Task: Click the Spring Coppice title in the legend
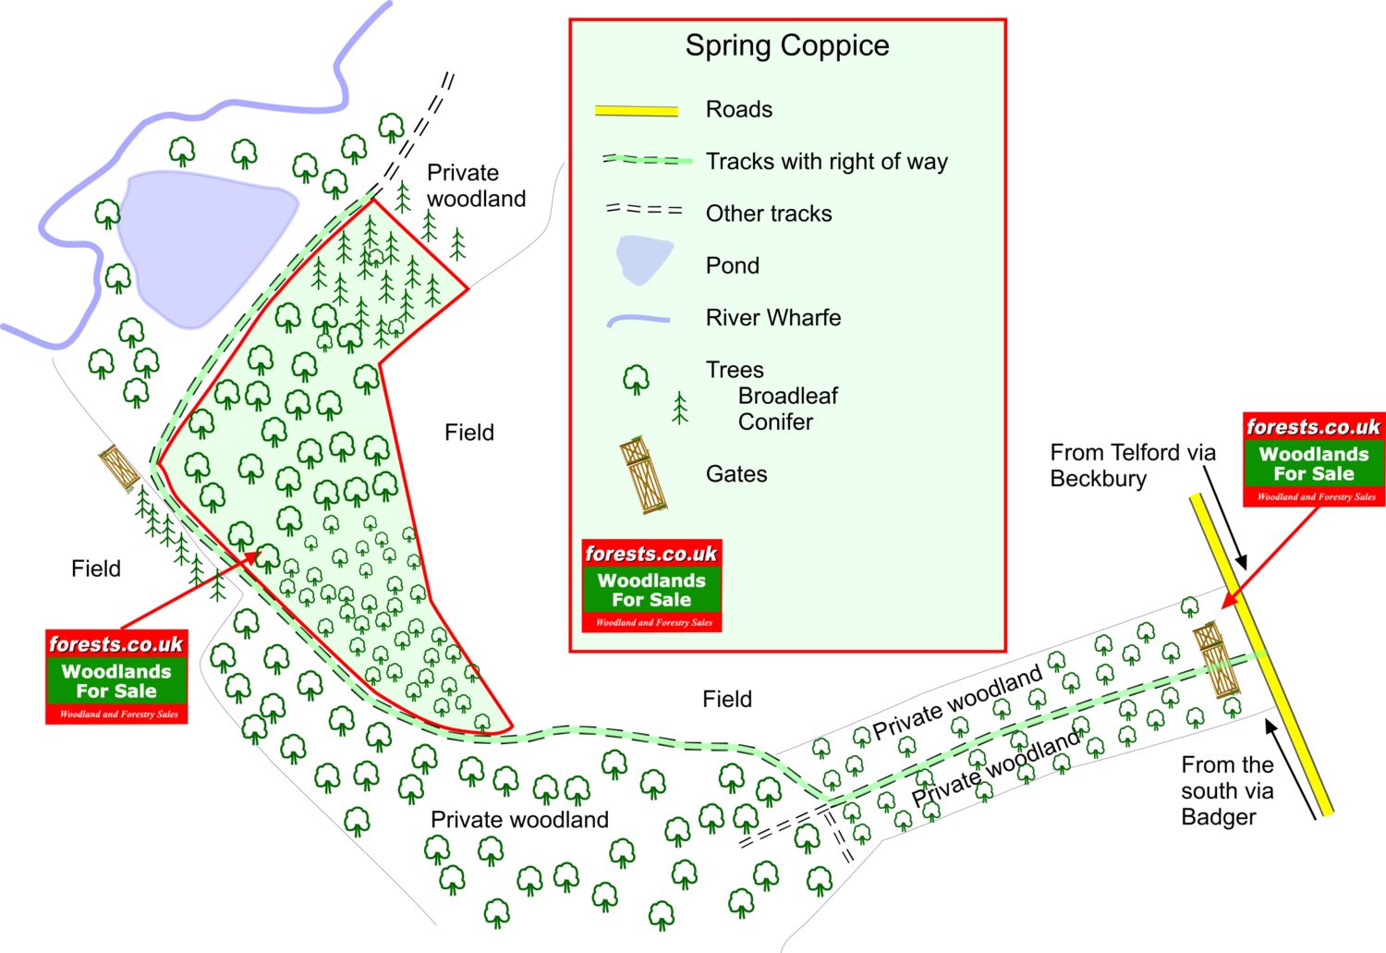[x=787, y=45]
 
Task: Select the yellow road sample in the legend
[x=636, y=111]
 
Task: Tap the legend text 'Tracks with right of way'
[x=826, y=162]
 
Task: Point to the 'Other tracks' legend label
[x=769, y=214]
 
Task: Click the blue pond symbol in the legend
[x=644, y=261]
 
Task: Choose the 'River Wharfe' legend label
[x=773, y=318]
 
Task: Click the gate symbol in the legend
[x=643, y=475]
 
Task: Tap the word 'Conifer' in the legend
[x=775, y=422]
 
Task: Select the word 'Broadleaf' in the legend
[x=787, y=397]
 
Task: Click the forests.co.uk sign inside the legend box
[x=651, y=586]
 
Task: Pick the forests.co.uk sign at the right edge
[x=1313, y=459]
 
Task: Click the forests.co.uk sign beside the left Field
[x=116, y=677]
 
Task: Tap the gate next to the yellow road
[x=1217, y=660]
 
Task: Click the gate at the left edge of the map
[x=119, y=468]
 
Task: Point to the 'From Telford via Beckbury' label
[x=1132, y=465]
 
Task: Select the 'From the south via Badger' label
[x=1227, y=790]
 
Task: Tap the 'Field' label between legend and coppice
[x=469, y=433]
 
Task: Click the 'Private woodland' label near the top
[x=476, y=186]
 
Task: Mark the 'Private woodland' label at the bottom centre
[x=519, y=820]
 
